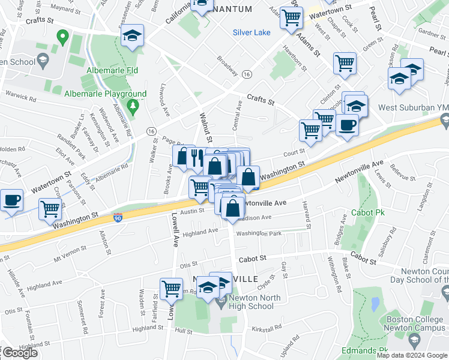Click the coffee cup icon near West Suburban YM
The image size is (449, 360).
(347, 125)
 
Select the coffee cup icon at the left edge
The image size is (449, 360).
(11, 199)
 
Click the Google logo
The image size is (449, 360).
(19, 353)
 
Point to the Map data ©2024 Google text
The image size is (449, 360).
(412, 355)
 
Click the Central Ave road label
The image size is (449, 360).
(238, 114)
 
